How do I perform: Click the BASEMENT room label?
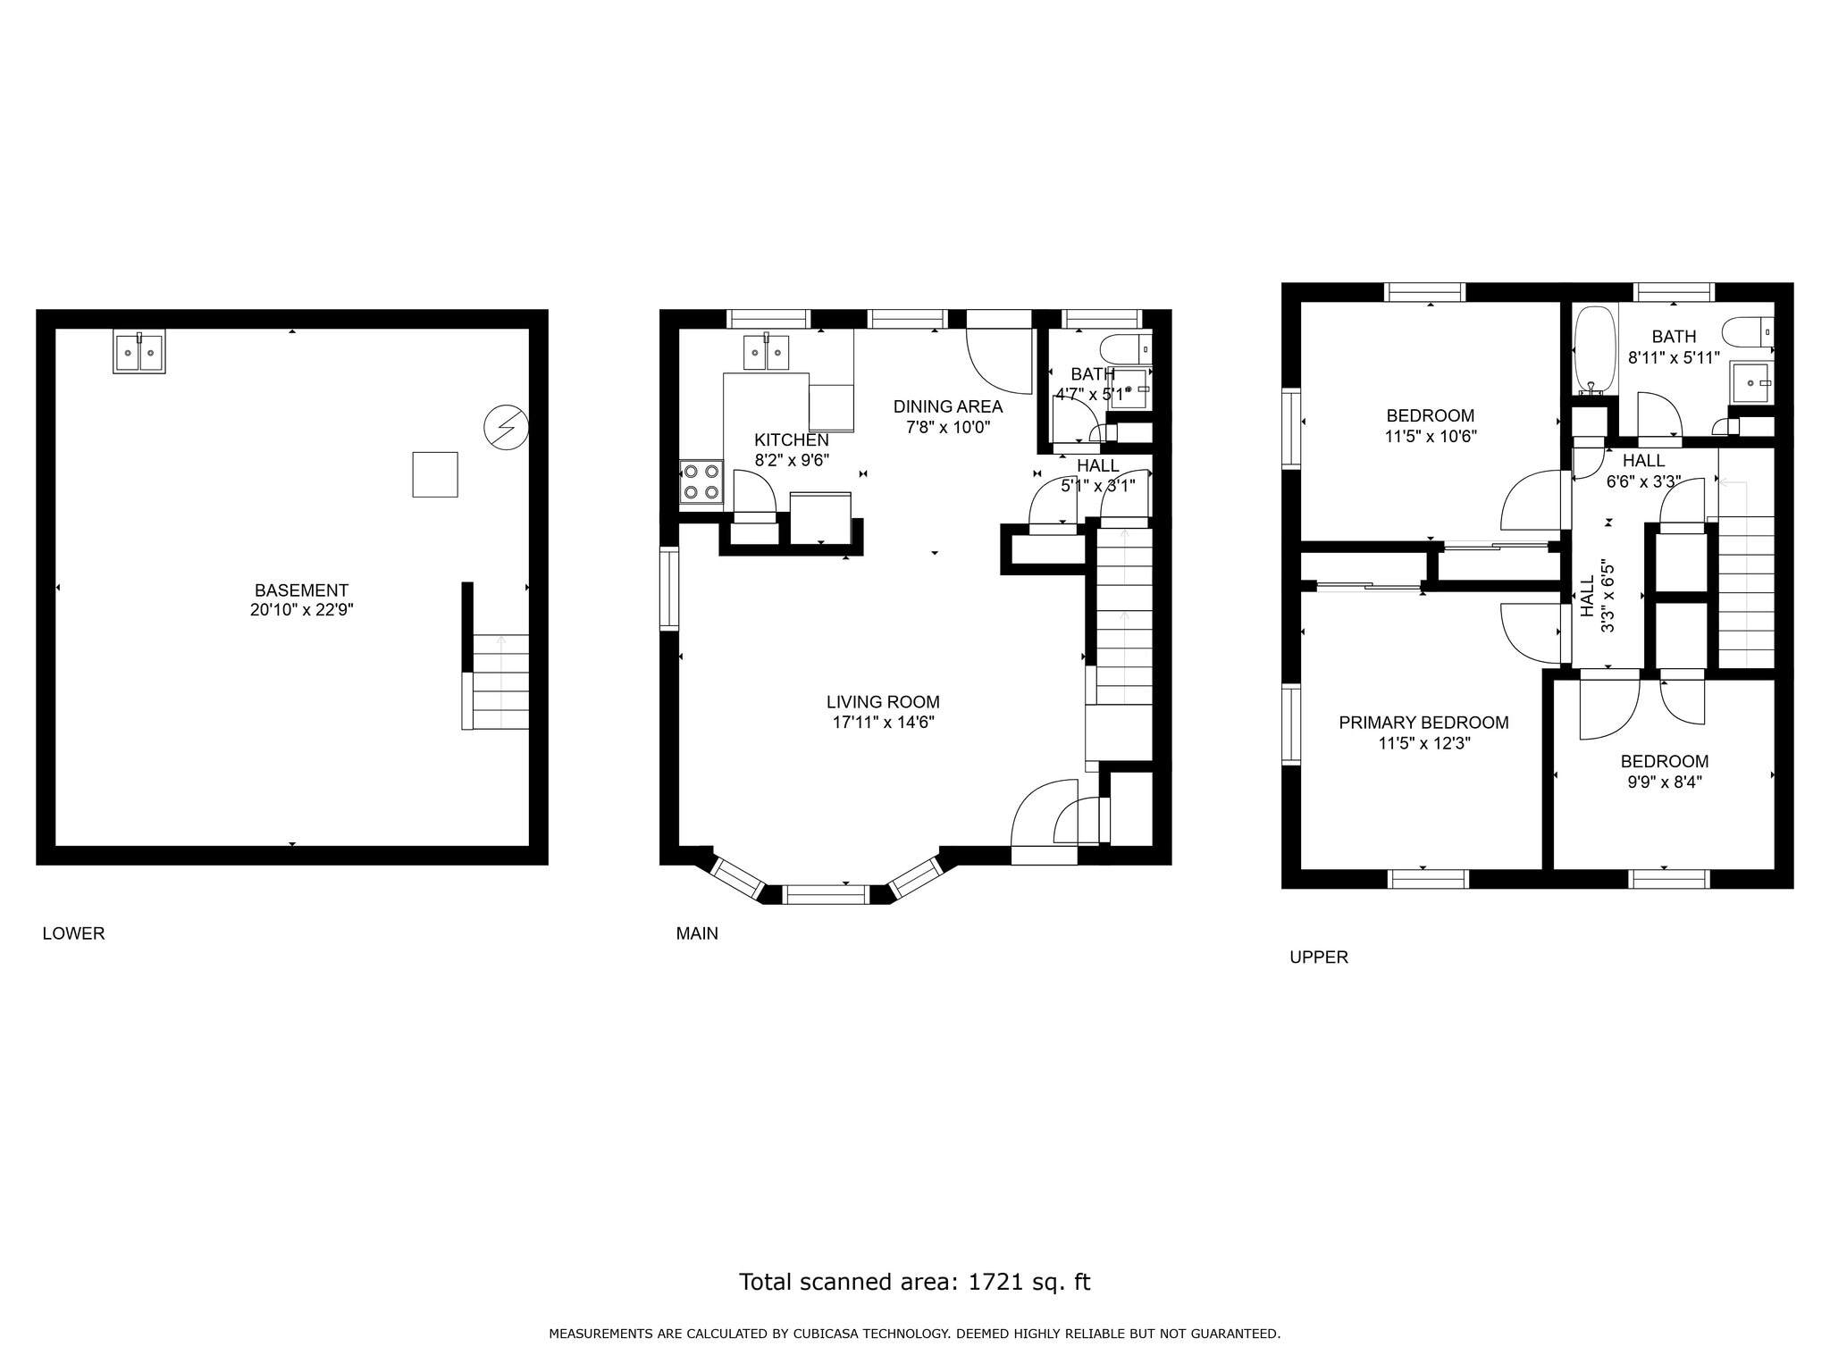301,590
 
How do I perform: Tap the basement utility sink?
139,352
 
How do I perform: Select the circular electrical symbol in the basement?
506,428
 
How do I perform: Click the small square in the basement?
435,474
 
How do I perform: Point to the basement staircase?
495,682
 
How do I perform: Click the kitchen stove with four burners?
701,482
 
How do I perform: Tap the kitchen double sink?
767,352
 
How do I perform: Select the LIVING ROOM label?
883,702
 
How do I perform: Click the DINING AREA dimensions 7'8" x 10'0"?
948,427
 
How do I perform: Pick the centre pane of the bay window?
827,894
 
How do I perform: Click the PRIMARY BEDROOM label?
1423,723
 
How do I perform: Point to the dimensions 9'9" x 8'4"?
1664,782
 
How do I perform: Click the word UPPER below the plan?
1319,958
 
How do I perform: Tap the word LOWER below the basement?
73,933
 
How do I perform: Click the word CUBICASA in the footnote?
855,1334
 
